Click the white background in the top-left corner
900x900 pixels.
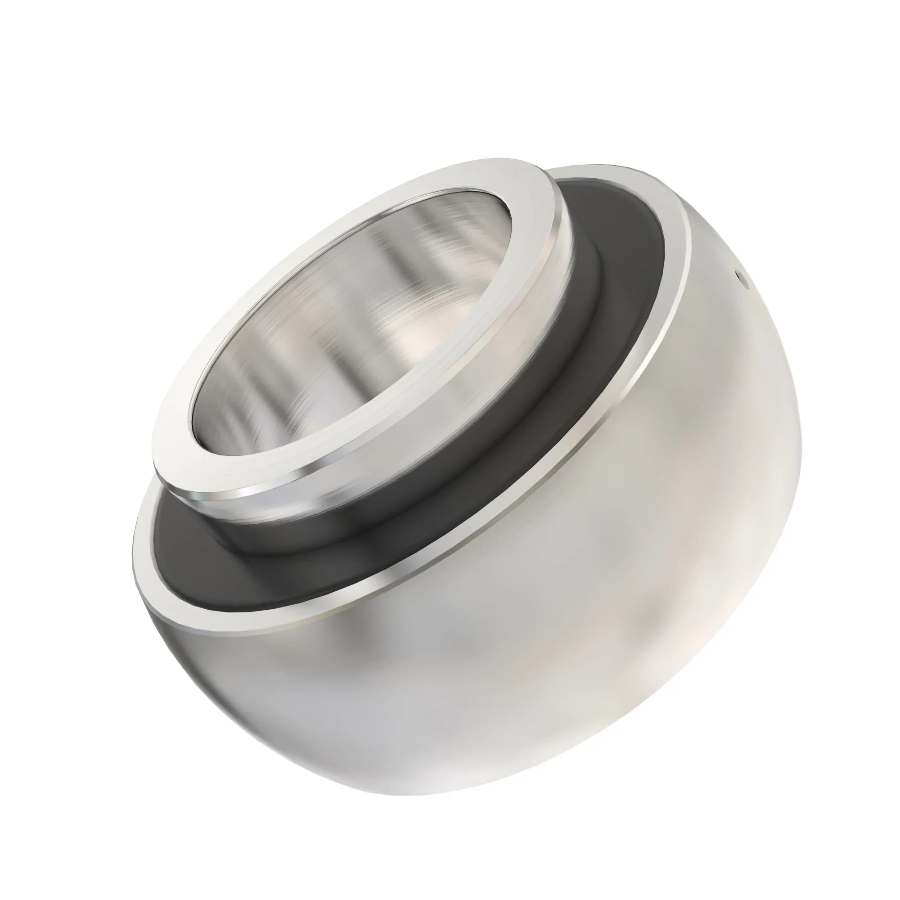tap(47, 47)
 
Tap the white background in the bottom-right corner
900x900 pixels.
tap(852, 852)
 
